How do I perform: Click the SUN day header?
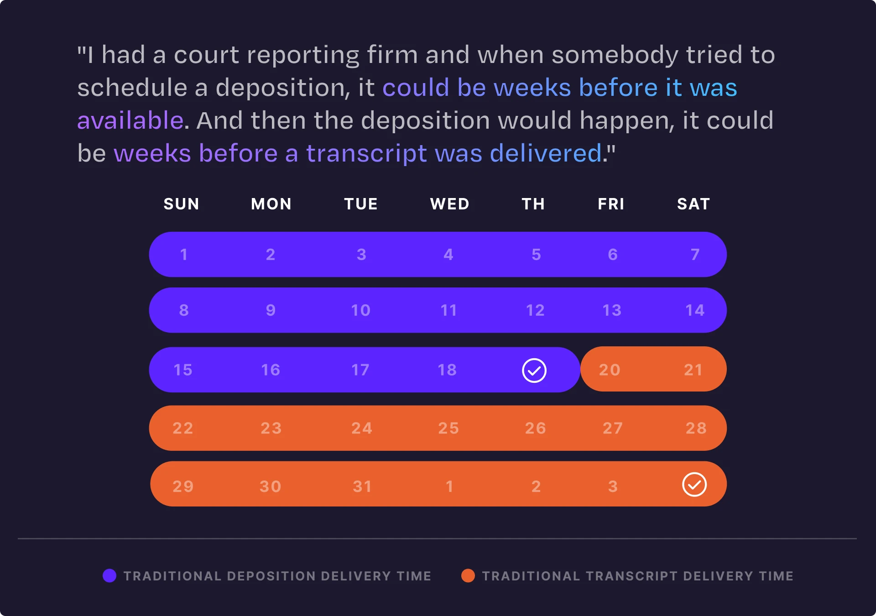[x=181, y=204]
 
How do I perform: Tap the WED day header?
[x=449, y=204]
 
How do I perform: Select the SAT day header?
[x=693, y=204]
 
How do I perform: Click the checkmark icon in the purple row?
[x=534, y=370]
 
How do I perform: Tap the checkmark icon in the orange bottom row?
[x=694, y=485]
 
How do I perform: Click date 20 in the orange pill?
[x=610, y=370]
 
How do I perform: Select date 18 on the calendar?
[x=447, y=370]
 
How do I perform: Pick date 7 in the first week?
[x=695, y=255]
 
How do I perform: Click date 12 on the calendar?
[x=535, y=311]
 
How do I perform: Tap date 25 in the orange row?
[x=448, y=428]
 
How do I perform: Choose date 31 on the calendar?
[x=362, y=486]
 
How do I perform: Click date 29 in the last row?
[x=183, y=486]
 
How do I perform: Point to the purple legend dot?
[x=109, y=576]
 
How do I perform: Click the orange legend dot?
[x=468, y=576]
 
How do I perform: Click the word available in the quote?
[x=130, y=120]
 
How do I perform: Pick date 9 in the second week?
[x=271, y=311]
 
